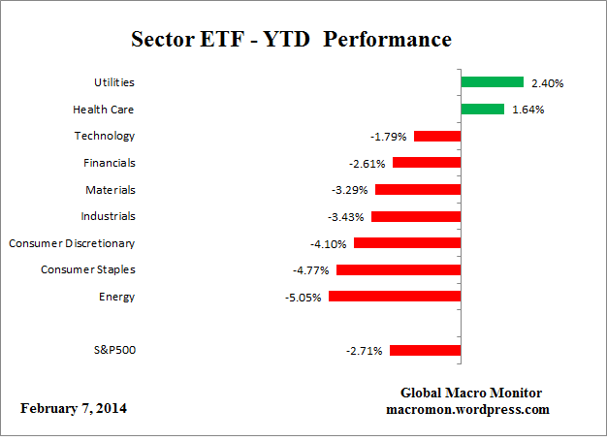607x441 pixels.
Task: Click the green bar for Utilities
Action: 492,83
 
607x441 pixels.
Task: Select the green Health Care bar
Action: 482,110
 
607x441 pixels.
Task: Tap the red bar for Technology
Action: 437,137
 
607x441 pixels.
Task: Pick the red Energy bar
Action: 395,297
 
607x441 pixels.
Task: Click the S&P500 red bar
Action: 425,350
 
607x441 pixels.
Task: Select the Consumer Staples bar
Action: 399,269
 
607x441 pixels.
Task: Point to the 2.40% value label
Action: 546,83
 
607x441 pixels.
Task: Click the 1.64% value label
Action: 527,110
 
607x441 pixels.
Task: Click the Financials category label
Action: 110,163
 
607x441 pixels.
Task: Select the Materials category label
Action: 111,190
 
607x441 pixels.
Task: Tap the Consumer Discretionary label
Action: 72,243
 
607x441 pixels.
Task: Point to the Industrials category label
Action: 109,216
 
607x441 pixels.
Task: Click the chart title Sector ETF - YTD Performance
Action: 291,40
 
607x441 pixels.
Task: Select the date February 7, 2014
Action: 74,408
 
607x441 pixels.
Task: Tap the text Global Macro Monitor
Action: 471,393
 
